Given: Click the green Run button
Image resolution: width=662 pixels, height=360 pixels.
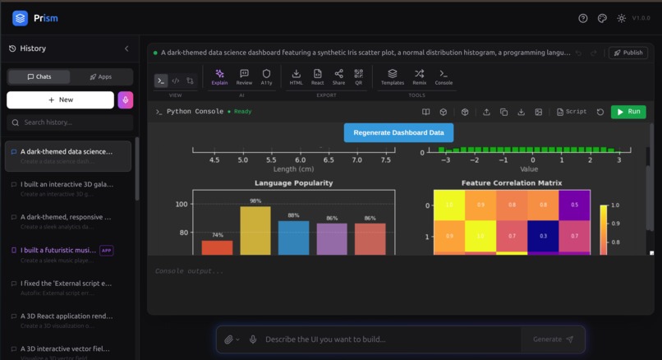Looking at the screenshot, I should [628, 112].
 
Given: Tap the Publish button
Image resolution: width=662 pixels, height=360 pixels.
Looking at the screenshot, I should [628, 53].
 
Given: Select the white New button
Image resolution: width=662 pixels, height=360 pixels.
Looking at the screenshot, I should [60, 99].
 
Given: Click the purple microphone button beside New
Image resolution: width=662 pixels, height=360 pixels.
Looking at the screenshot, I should [125, 99].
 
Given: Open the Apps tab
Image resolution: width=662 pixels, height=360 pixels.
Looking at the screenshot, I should [100, 76].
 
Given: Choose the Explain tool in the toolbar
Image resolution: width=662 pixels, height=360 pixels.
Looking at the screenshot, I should [219, 77].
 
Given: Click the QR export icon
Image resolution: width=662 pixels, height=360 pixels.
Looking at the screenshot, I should [358, 77].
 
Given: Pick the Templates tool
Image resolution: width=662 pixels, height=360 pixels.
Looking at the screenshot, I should [393, 77].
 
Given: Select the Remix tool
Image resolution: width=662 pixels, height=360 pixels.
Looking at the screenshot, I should [419, 77].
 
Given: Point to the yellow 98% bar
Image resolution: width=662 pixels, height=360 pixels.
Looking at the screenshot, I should [255, 231].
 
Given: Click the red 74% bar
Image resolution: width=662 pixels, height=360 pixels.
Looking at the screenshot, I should [217, 247].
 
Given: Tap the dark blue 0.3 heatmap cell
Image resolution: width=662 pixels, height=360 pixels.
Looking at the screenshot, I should [543, 236].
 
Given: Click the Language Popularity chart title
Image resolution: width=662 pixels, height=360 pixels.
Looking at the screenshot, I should [293, 183].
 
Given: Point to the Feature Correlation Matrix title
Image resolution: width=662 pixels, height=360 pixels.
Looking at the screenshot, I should [511, 183].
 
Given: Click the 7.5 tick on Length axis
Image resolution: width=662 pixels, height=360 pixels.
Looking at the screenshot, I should [386, 160].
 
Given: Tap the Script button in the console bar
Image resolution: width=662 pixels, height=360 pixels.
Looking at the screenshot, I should [572, 112].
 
